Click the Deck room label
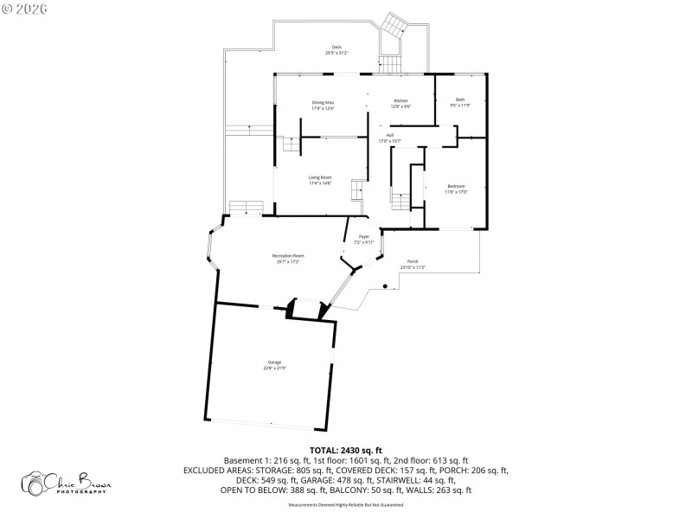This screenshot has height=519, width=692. (x=336, y=47)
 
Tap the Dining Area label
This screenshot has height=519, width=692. (x=323, y=102)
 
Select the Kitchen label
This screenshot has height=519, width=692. (x=400, y=100)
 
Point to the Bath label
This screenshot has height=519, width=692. (x=460, y=99)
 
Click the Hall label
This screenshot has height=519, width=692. (x=390, y=135)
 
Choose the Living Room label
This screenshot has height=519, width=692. (x=320, y=177)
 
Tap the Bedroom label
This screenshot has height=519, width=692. (x=457, y=187)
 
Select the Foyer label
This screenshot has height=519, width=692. (x=364, y=236)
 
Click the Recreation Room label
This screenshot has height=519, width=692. (x=287, y=256)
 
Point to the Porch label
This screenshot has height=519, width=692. (x=413, y=261)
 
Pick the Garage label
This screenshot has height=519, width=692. (x=274, y=362)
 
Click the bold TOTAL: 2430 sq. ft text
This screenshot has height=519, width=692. (x=345, y=450)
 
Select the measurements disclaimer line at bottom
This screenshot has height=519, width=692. (x=345, y=504)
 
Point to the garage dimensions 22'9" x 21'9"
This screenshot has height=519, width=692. (x=274, y=368)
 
